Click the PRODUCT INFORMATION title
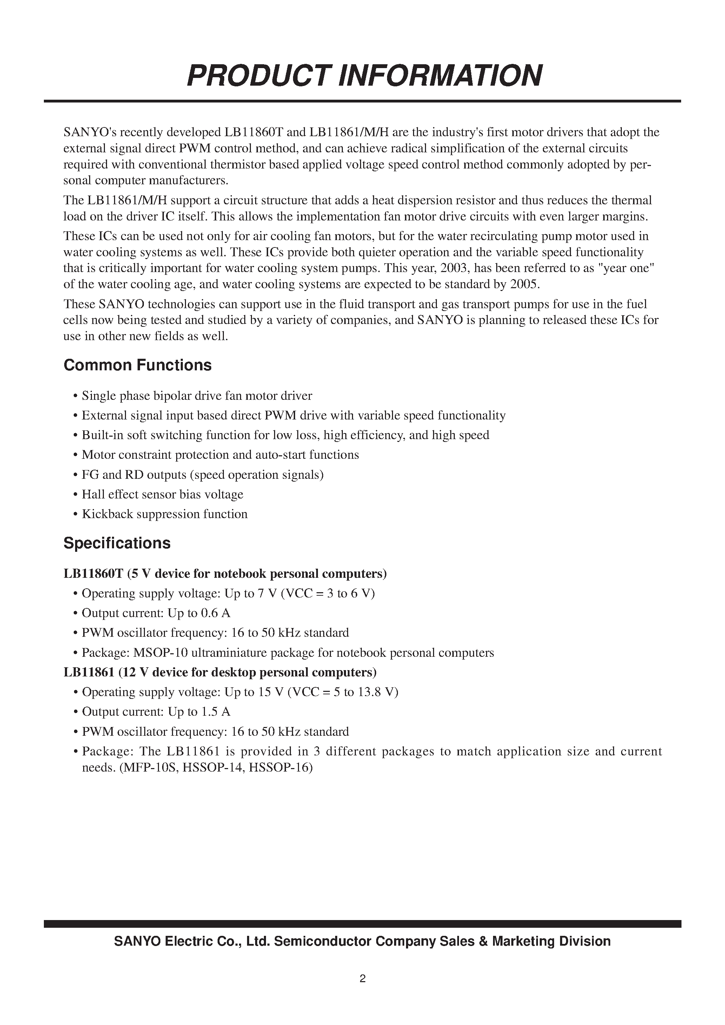point(364,75)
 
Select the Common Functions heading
point(137,365)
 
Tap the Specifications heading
point(117,543)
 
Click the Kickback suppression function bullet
point(164,514)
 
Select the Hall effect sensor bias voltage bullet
point(162,494)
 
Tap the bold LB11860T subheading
point(225,574)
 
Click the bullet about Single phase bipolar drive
point(197,396)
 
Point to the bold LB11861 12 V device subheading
point(220,672)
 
